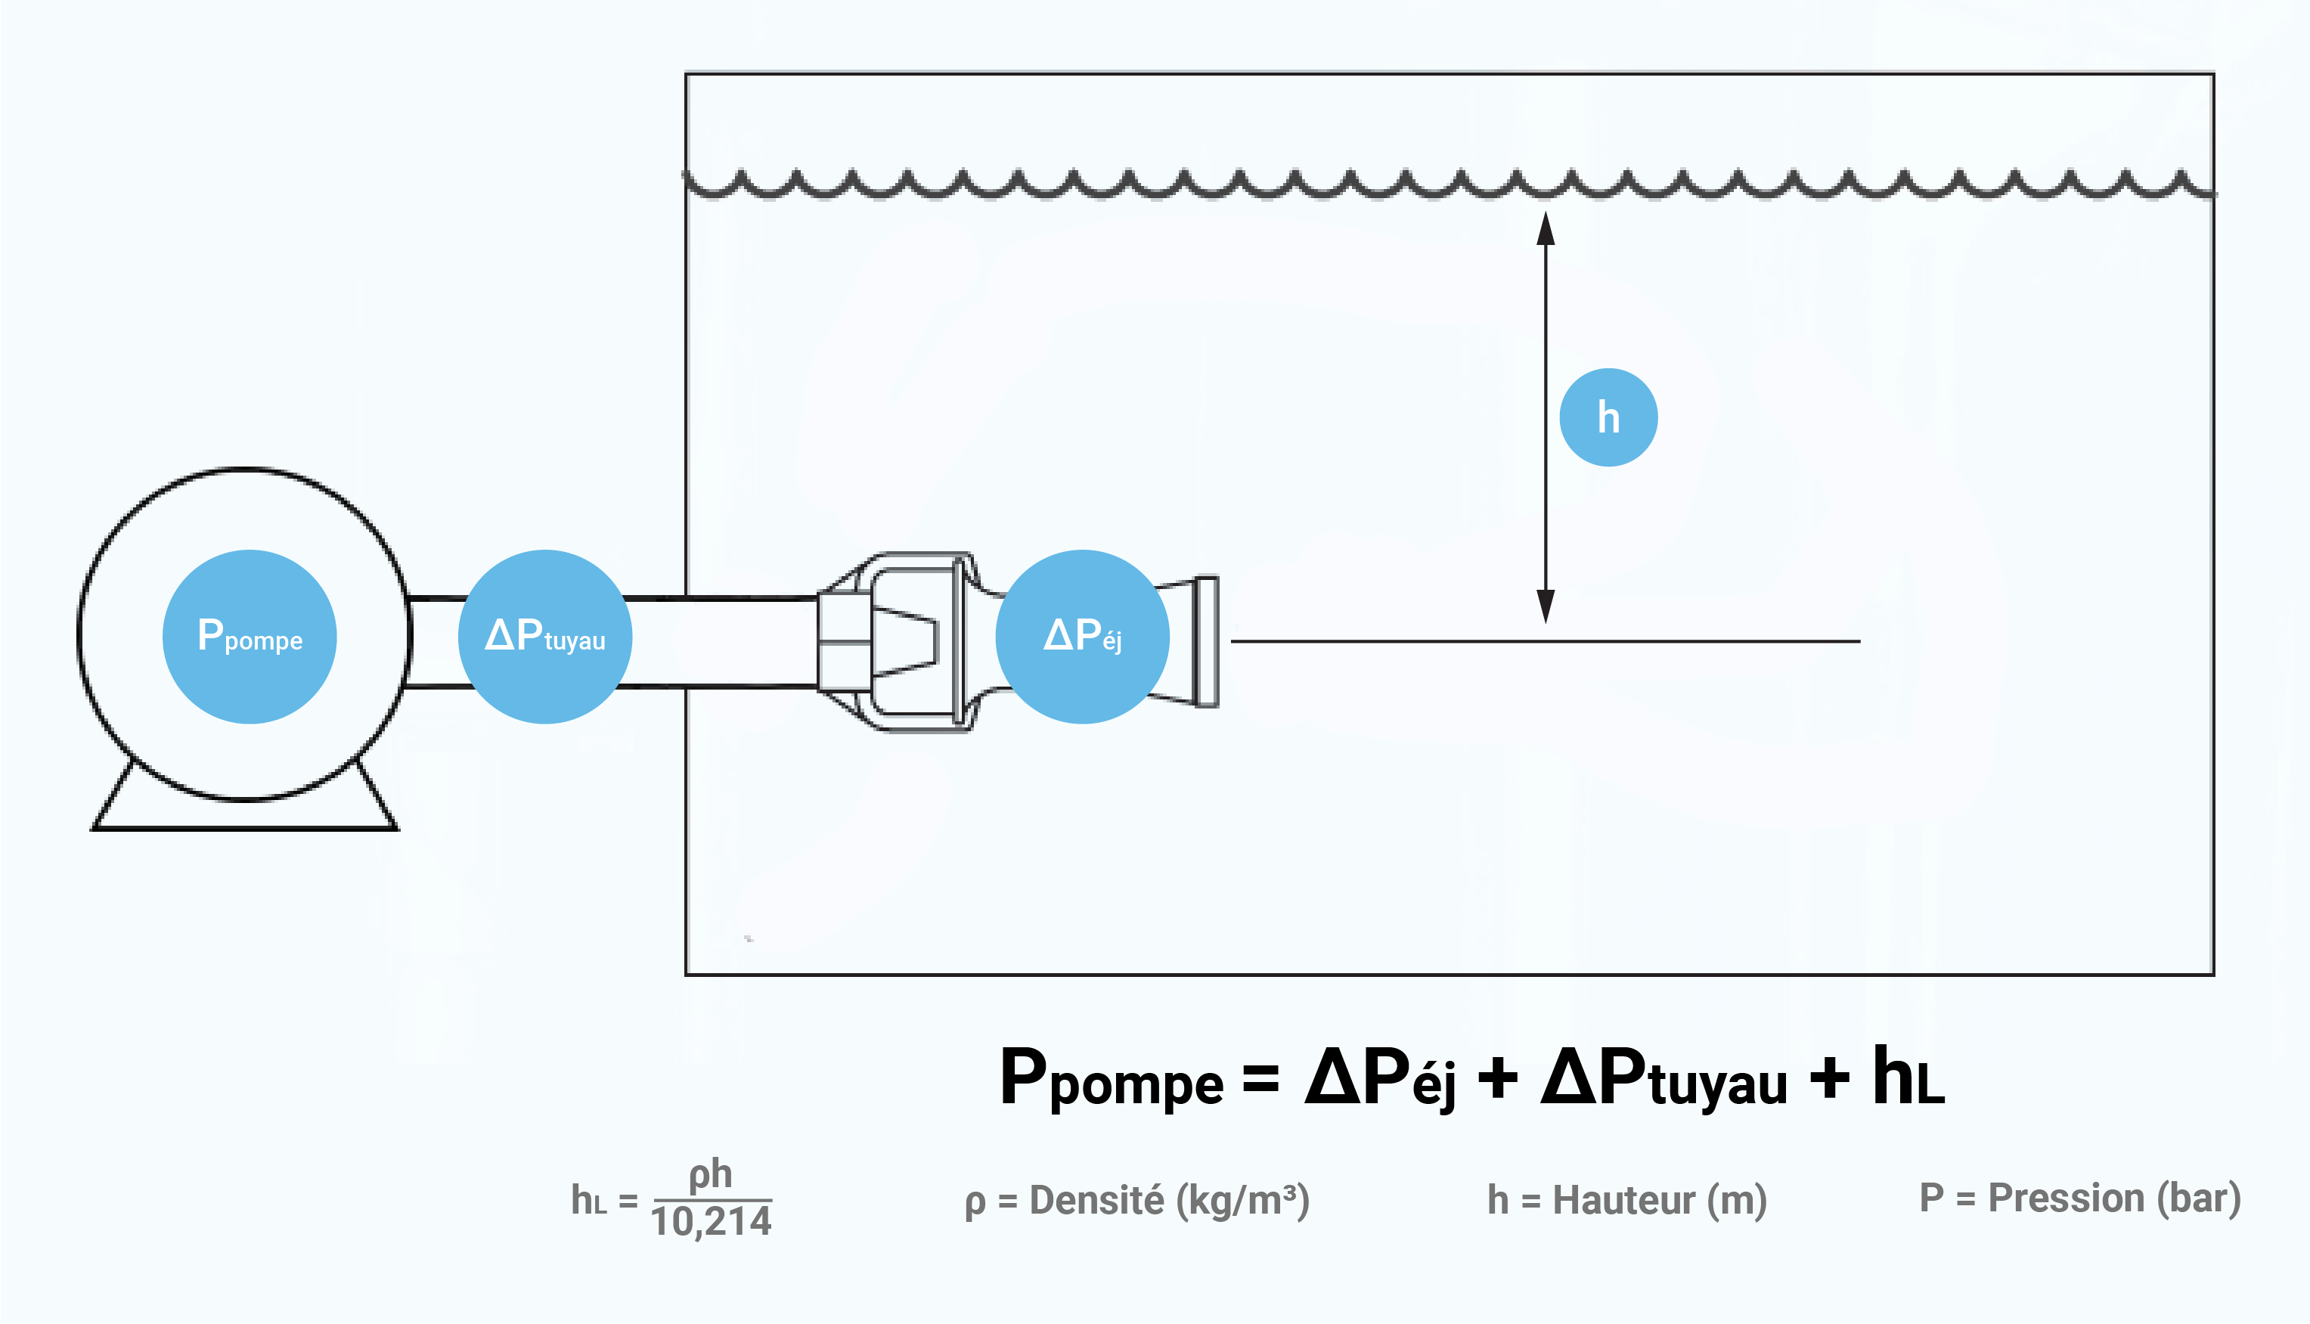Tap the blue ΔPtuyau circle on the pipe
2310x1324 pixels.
tap(544, 637)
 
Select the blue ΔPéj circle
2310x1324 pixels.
tap(1082, 637)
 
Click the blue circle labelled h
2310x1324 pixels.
tap(1608, 417)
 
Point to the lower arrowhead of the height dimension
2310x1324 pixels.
tap(1546, 606)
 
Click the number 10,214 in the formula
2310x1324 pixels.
tap(711, 1221)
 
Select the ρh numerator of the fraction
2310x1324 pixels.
tap(710, 1174)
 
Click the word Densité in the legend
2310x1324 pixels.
tap(1096, 1199)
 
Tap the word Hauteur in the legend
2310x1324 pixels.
tap(1623, 1199)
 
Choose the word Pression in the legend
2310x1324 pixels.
tap(2067, 1198)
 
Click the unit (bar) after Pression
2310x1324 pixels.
tap(2199, 1198)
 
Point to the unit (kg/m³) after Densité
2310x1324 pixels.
tap(1243, 1200)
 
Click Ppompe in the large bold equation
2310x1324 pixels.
tap(1111, 1079)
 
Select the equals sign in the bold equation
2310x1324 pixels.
tap(1261, 1077)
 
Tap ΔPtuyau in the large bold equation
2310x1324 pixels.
tap(1664, 1078)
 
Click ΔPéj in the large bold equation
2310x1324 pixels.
tap(1380, 1078)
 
